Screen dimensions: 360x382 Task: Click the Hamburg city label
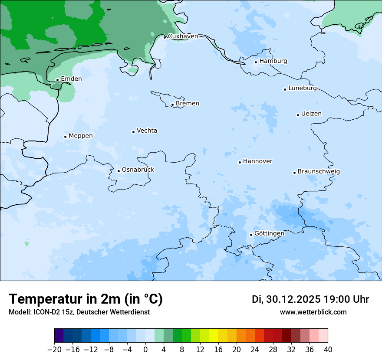click(273, 61)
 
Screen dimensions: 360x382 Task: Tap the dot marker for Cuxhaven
click(165, 37)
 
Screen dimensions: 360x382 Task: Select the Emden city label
click(71, 79)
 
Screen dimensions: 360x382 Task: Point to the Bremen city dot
click(172, 105)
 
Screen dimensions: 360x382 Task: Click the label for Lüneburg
click(302, 88)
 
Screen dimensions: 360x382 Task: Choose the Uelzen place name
click(311, 114)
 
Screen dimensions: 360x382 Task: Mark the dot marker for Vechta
click(133, 132)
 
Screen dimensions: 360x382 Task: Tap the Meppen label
click(81, 136)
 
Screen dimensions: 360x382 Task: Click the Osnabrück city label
click(138, 170)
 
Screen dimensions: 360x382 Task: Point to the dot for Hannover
click(240, 162)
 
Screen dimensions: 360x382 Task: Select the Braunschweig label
click(319, 172)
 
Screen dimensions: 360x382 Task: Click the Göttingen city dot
click(251, 235)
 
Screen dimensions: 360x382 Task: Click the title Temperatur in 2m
click(86, 299)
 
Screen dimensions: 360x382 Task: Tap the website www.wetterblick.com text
click(313, 312)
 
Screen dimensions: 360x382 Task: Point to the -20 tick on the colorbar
click(55, 350)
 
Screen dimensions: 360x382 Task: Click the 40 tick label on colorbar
click(328, 350)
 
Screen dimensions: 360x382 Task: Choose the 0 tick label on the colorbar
click(145, 350)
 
